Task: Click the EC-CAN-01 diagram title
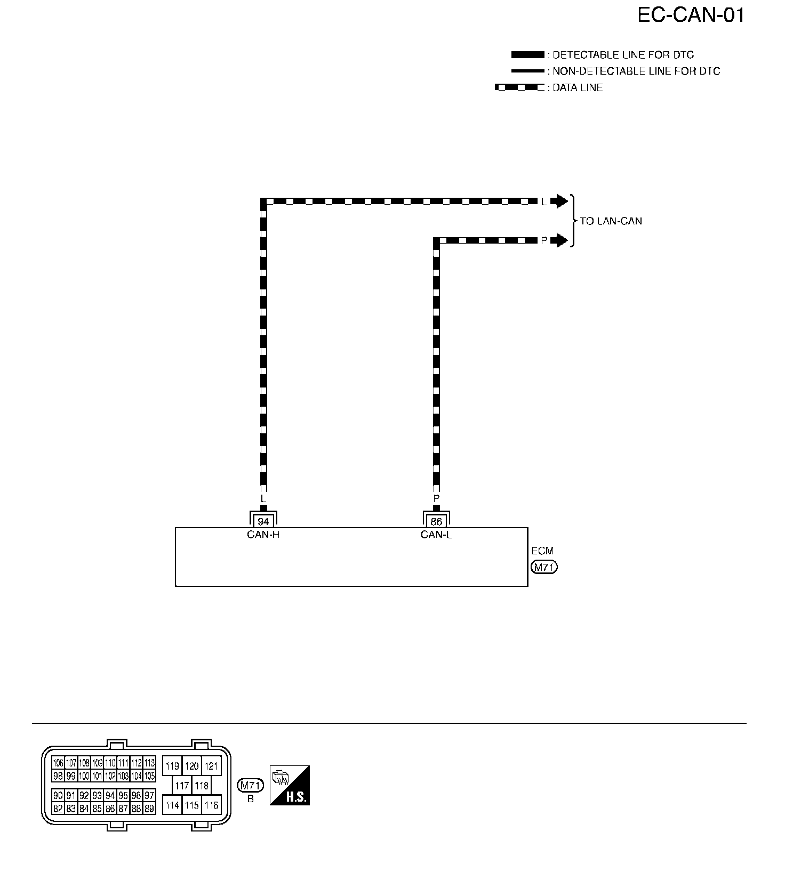click(x=691, y=15)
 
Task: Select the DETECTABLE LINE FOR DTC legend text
click(x=623, y=55)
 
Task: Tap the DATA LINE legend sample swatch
click(x=520, y=87)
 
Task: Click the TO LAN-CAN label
click(x=611, y=221)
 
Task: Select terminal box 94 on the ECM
click(x=263, y=522)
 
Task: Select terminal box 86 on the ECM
click(x=436, y=522)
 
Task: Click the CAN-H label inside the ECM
click(x=263, y=535)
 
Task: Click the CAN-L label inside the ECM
click(x=436, y=535)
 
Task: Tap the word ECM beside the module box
click(x=542, y=551)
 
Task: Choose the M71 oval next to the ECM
click(x=544, y=568)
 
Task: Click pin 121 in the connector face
click(x=212, y=766)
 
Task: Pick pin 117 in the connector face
click(x=182, y=786)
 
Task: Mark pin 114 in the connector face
click(x=172, y=805)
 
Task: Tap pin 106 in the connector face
click(x=58, y=763)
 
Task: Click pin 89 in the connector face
click(x=149, y=809)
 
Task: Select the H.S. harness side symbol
click(x=290, y=785)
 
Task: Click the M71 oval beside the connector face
click(x=250, y=786)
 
